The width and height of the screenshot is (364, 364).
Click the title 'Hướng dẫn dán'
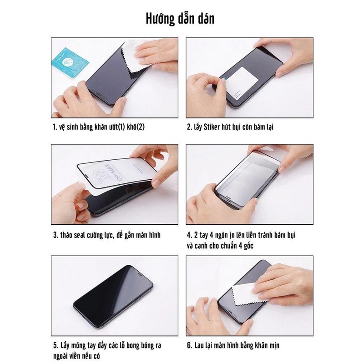click(x=180, y=19)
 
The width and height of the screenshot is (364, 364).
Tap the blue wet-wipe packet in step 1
click(x=71, y=62)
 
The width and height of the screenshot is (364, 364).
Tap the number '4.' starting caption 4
click(x=189, y=235)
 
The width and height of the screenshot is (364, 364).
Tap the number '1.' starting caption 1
click(x=55, y=127)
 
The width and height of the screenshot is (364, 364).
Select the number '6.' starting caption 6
click(x=190, y=345)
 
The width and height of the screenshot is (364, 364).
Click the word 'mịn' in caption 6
click(x=274, y=345)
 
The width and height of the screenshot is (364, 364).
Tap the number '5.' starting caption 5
click(x=56, y=345)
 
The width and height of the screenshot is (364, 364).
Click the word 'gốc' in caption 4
click(x=248, y=246)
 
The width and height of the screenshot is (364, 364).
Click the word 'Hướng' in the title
click(x=160, y=19)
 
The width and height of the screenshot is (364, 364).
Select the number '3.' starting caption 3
click(x=56, y=235)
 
